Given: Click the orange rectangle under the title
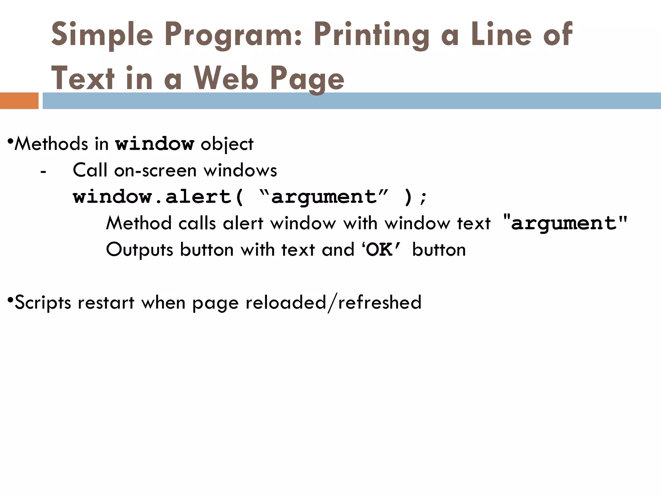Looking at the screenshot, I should point(19,101).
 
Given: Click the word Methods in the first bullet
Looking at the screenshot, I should point(51,144).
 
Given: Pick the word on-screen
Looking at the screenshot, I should point(155,170).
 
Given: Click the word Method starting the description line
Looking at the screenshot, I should point(138,223).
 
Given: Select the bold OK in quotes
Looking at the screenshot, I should point(380,250).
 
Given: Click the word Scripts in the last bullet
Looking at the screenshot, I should point(43,303).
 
